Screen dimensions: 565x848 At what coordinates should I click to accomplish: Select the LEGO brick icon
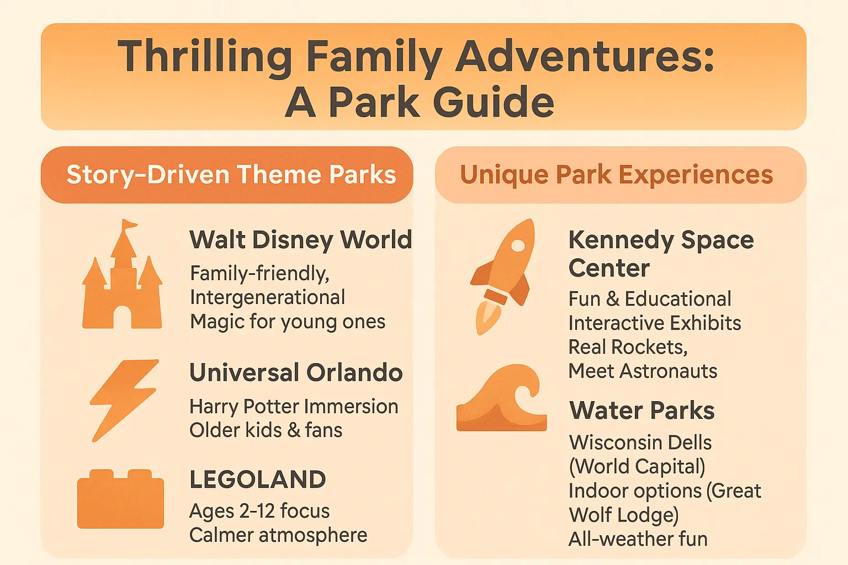coord(120,499)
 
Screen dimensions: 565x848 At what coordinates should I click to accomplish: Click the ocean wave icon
coord(501,399)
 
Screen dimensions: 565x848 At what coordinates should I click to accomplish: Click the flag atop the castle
coord(129,225)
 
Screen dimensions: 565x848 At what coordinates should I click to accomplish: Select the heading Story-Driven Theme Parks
coord(231,174)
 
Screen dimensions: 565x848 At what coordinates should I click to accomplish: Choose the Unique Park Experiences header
coord(616,174)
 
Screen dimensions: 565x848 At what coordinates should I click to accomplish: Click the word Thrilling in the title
coord(205,57)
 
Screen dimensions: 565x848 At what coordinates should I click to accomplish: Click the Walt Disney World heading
coord(300,239)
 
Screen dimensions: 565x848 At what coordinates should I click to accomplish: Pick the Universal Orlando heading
coord(296,372)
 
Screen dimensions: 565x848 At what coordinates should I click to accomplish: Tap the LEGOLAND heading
coord(257,479)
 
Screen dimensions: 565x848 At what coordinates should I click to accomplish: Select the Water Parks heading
coord(642,411)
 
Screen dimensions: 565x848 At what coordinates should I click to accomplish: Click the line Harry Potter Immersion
coord(294,406)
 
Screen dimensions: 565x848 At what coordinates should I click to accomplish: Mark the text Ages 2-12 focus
coord(259,511)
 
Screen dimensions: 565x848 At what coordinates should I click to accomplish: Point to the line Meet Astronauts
coord(643,371)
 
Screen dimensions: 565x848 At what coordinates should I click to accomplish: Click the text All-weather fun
coord(638,539)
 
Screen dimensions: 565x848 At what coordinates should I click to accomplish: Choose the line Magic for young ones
coord(288,321)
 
